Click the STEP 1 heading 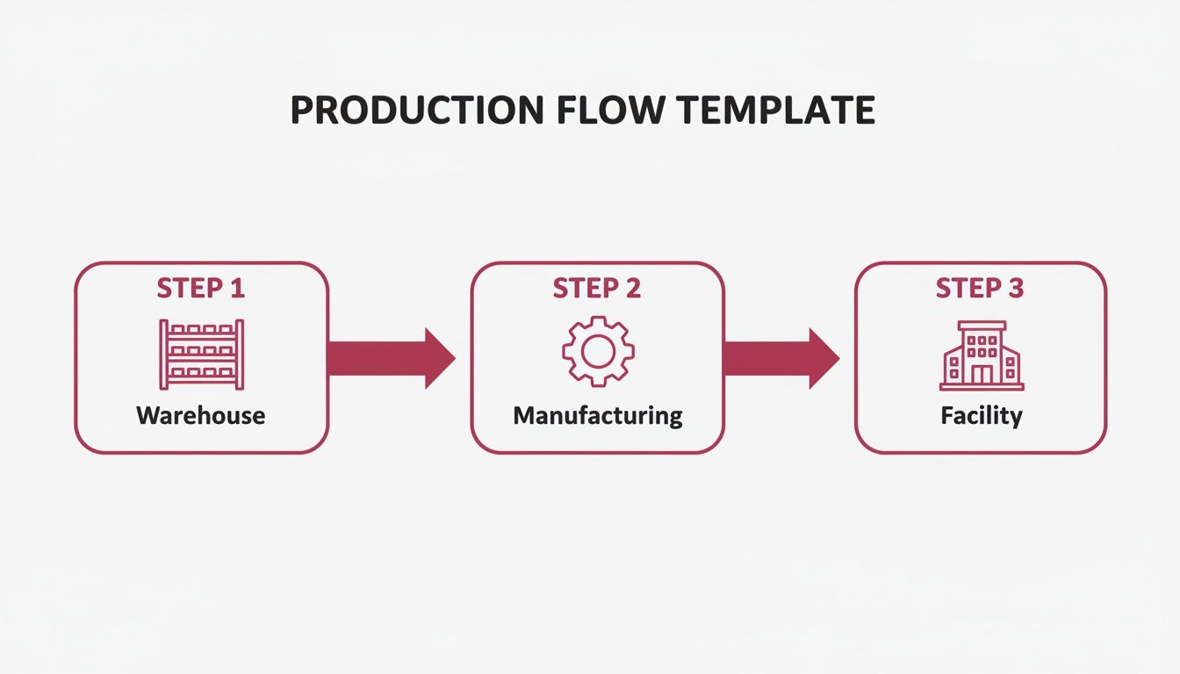[x=201, y=289]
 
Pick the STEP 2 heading [x=597, y=289]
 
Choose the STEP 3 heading [x=980, y=289]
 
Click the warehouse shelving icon [x=201, y=355]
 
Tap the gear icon [x=598, y=351]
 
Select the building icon [x=981, y=355]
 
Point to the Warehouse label [x=201, y=415]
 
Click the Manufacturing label [x=598, y=415]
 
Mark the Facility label [x=981, y=415]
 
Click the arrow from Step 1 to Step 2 [x=390, y=358]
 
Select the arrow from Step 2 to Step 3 [x=780, y=358]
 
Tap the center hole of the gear [x=598, y=351]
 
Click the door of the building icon [x=981, y=376]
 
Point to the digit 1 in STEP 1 [x=236, y=289]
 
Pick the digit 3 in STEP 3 [x=1015, y=289]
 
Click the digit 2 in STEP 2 [x=632, y=289]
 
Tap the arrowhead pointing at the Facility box [x=823, y=358]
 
